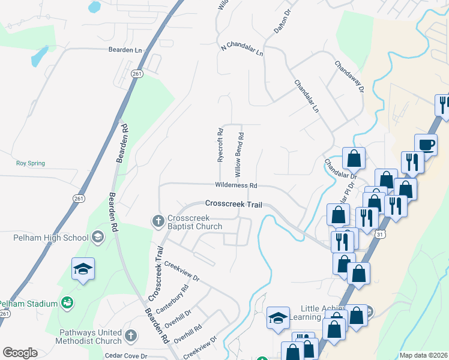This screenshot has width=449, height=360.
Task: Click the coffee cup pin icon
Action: pos(426,145)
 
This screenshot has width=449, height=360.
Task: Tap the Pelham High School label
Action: pos(51,238)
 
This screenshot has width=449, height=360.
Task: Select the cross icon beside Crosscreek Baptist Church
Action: pos(158,222)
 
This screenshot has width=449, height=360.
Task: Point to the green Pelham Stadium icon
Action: pos(67,304)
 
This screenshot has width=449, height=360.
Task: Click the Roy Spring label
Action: pos(30,163)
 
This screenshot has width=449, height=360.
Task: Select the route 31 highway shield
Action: pos(379,234)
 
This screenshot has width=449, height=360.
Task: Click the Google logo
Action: pos(20,353)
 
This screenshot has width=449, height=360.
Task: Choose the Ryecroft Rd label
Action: pos(220,145)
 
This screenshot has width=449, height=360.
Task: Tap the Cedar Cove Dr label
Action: pos(125,356)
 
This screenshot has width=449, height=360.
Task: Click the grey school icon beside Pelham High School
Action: pos(97,238)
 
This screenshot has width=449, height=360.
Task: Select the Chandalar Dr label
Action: pos(340,169)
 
